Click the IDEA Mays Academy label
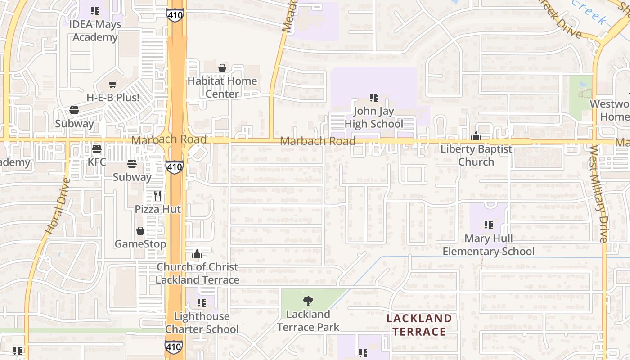coord(95,31)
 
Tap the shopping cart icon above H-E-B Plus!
coord(113,84)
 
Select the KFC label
coord(97,162)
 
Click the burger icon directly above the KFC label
coord(96,148)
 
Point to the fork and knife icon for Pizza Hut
coord(157,196)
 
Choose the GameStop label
coord(140,244)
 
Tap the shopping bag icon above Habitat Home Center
coord(222,68)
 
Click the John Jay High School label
coord(374,117)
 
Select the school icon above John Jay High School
coord(373,97)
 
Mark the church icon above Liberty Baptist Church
coord(476,136)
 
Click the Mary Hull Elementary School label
coord(489,245)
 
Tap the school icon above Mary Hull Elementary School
coord(489,225)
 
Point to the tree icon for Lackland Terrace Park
coord(308,301)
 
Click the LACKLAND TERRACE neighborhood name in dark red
coord(419,325)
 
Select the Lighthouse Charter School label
coord(202,323)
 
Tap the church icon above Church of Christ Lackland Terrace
coord(197,254)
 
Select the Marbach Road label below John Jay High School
coord(318,141)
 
